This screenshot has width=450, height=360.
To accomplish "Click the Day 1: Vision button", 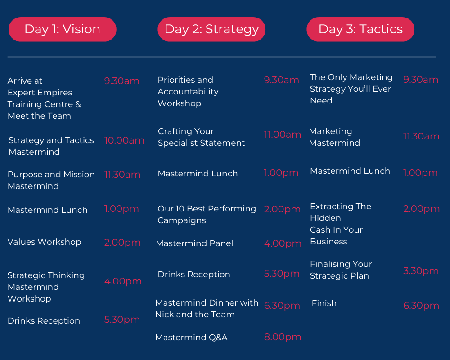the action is tap(62, 29).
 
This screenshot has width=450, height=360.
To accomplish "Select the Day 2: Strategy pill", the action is tap(211, 29).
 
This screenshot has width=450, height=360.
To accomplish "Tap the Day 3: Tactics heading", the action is tap(360, 29).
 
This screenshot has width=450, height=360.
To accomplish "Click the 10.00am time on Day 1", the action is tap(124, 140).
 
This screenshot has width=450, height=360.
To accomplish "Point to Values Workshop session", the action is tap(44, 242).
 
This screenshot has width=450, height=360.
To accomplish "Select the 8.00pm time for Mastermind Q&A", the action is tap(283, 337).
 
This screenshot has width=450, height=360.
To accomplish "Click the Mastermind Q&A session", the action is tap(191, 337).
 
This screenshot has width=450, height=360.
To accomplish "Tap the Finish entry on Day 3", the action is tap(324, 303).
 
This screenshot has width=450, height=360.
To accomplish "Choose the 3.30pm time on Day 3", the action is tap(421, 271).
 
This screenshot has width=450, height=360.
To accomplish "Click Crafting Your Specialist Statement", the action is tap(201, 137).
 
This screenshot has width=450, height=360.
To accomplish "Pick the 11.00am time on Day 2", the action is tap(283, 135).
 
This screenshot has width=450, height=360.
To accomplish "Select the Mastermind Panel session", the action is tap(194, 243).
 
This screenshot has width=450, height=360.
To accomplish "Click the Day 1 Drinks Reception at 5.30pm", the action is tap(44, 321).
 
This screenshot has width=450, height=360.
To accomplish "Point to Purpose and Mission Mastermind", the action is tap(51, 180).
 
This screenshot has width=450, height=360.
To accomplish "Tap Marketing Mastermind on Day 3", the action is tap(334, 137).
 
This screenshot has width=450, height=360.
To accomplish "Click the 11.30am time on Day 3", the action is tap(421, 136).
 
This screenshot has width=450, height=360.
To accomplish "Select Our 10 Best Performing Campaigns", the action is tap(207, 215).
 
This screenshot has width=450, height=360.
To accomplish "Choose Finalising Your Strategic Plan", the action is tap(341, 270).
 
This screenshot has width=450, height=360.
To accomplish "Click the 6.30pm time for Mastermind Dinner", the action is tap(282, 306).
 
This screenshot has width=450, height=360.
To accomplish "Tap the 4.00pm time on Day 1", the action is tap(123, 281).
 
